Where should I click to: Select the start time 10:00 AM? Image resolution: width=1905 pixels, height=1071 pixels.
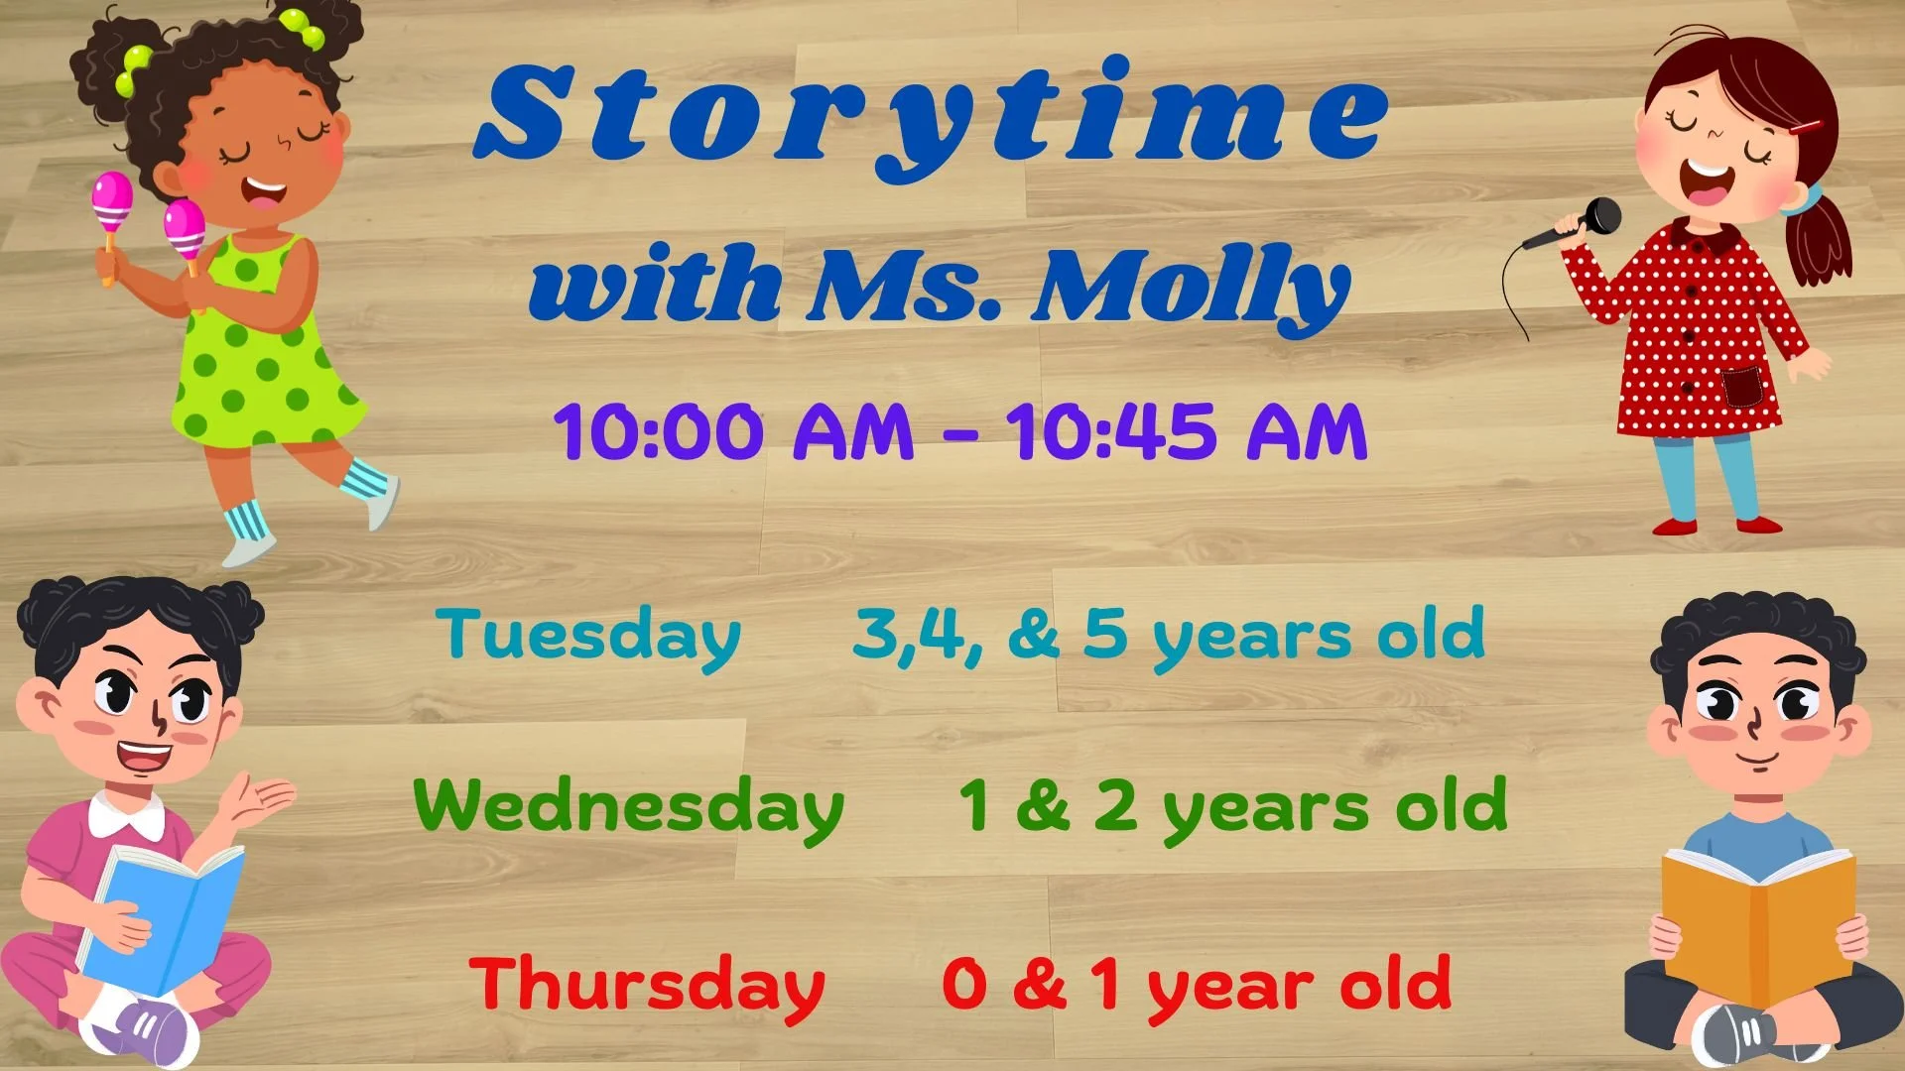[733, 432]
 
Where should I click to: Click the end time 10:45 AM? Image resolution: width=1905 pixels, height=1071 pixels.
[1187, 432]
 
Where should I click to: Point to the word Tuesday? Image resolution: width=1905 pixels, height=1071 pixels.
[588, 636]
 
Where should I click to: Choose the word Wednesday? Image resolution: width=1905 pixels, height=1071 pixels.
[628, 807]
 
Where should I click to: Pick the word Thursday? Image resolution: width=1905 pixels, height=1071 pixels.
[647, 986]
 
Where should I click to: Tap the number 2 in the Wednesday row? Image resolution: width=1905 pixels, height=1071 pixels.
[1115, 805]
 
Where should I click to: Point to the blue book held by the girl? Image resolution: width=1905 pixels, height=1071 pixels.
[164, 917]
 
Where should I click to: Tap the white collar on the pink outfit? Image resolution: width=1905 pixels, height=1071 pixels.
[126, 816]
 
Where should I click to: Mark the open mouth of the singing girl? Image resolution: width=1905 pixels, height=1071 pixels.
[1707, 182]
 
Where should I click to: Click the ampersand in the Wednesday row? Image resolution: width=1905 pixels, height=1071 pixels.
[1042, 805]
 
